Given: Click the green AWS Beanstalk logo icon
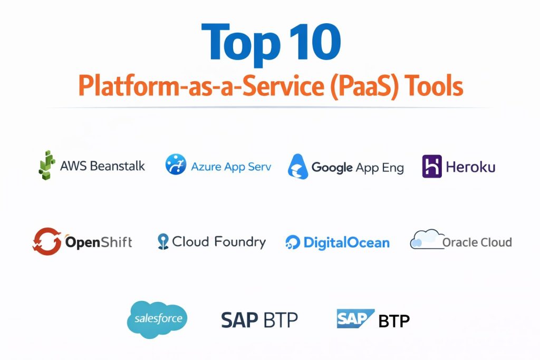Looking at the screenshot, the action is point(47,165).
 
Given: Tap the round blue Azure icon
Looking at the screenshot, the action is point(176,164).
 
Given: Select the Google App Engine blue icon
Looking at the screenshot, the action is point(298,167).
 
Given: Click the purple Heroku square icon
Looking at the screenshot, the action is point(432,166).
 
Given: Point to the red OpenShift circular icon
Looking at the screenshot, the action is point(47,241).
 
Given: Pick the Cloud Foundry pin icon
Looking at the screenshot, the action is point(163,241).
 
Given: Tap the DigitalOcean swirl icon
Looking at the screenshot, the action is point(293,242).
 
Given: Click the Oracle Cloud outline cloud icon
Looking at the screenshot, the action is point(426,239).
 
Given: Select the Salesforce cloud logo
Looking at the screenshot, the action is point(157,319).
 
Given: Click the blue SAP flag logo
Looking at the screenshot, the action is point(355,319).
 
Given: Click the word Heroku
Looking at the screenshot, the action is point(471,167).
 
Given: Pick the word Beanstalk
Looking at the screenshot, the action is point(118,166).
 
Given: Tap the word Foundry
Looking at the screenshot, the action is point(240,242).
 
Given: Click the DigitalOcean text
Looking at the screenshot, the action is point(346,242).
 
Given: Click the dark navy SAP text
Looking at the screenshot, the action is point(239,320).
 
